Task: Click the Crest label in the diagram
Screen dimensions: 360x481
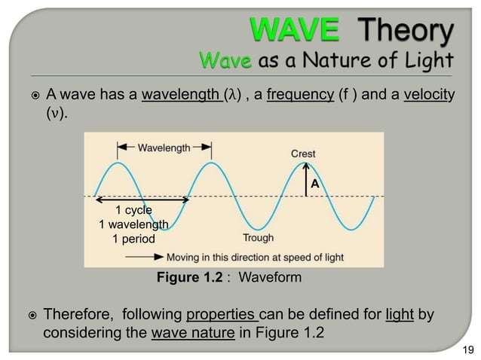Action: (303, 154)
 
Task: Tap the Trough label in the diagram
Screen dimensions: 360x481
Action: (258, 238)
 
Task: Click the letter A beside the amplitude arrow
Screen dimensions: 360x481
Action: (316, 183)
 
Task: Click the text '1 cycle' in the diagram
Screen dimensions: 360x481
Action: (133, 210)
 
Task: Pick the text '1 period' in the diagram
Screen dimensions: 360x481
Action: (133, 239)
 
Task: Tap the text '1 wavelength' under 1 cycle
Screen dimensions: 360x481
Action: (133, 224)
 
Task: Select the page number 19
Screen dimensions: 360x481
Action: (467, 349)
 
